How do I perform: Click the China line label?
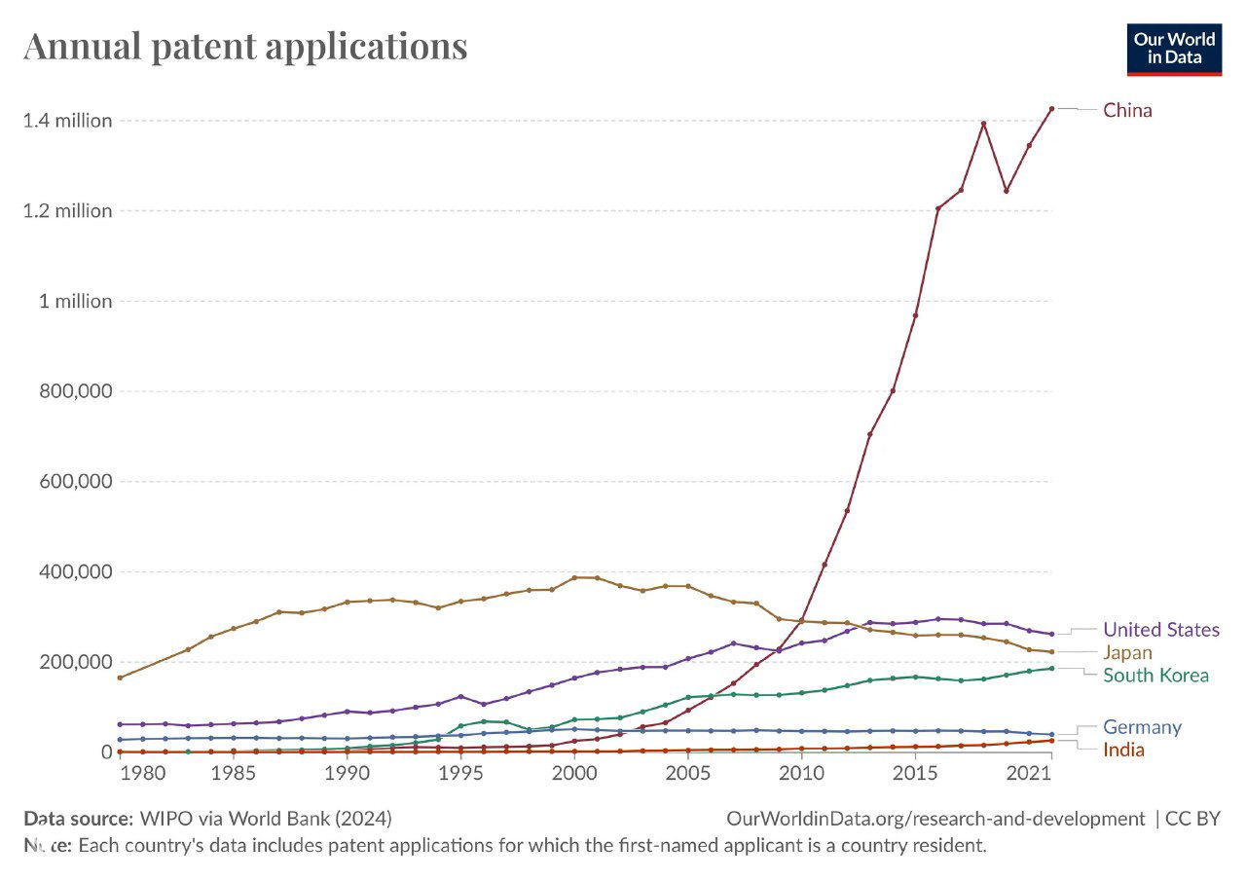pyautogui.click(x=1126, y=110)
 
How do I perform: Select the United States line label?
pyautogui.click(x=1160, y=630)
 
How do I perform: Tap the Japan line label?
pyautogui.click(x=1127, y=652)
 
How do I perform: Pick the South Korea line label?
pyautogui.click(x=1155, y=676)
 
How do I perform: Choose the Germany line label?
pyautogui.click(x=1142, y=727)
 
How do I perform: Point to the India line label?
pyautogui.click(x=1123, y=750)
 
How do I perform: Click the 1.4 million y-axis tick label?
pyautogui.click(x=67, y=121)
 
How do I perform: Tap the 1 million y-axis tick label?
pyautogui.click(x=75, y=301)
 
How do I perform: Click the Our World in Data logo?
pyautogui.click(x=1174, y=49)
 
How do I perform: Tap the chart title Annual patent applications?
pyautogui.click(x=245, y=46)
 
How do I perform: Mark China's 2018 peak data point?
pyautogui.click(x=983, y=124)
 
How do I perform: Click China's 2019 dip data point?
pyautogui.click(x=1006, y=190)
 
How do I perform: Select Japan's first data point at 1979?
pyautogui.click(x=120, y=678)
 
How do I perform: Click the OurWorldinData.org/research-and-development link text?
pyautogui.click(x=935, y=819)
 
